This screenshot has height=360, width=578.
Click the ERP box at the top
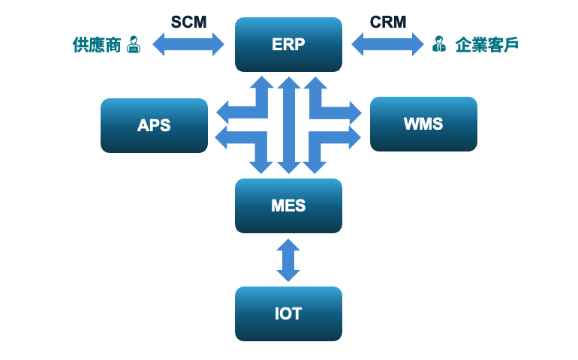click(288, 44)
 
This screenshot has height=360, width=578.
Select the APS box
click(154, 125)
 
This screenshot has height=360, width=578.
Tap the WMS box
click(423, 124)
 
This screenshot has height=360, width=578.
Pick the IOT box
click(288, 313)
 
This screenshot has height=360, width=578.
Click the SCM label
click(188, 22)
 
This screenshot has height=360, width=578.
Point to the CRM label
click(388, 22)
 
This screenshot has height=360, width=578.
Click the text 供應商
click(97, 45)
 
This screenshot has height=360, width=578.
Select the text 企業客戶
click(486, 45)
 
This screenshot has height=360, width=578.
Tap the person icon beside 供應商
click(134, 45)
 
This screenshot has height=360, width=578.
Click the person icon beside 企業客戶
click(438, 45)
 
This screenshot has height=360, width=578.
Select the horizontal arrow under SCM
click(188, 44)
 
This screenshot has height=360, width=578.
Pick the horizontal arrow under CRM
click(388, 44)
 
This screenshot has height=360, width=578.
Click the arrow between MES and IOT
click(288, 259)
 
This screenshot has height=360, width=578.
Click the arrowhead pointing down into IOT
click(288, 275)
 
